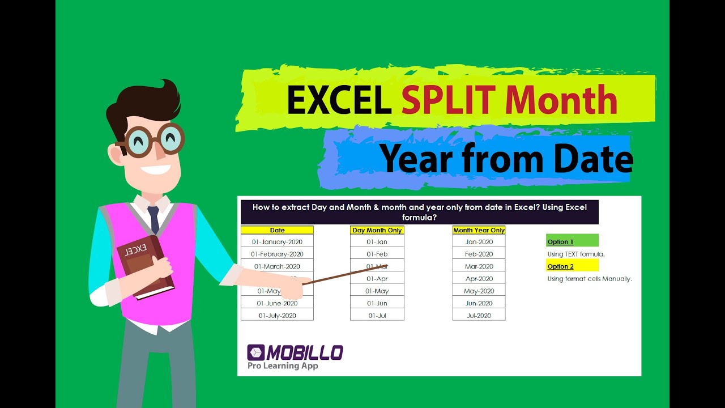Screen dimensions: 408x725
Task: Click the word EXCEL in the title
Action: tap(338, 101)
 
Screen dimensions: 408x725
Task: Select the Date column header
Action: tap(277, 230)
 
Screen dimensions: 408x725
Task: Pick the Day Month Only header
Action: tap(377, 230)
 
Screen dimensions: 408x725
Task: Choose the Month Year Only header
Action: tap(479, 230)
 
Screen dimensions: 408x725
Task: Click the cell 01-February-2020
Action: tap(277, 254)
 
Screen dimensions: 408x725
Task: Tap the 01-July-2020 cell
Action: tap(277, 315)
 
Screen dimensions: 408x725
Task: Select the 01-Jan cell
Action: tap(377, 242)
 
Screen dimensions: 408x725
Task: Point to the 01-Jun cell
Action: tap(377, 303)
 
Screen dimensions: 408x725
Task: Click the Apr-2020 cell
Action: tap(479, 279)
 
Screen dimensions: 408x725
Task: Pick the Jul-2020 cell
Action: tap(479, 315)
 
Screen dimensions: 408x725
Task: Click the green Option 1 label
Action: tap(572, 242)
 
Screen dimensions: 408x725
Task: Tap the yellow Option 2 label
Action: tap(572, 266)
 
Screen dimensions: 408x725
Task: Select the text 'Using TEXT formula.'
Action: tap(575, 254)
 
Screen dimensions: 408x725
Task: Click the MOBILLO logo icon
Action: tap(255, 352)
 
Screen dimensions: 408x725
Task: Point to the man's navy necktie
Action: tap(153, 218)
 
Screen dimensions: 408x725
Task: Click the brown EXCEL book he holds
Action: tap(144, 266)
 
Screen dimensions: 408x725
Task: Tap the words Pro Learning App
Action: tap(282, 366)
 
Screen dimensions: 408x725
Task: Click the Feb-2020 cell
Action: tap(479, 254)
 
